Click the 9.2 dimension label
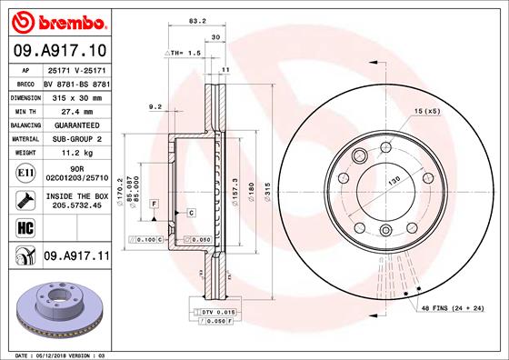(x=154, y=107)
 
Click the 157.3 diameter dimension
(x=235, y=190)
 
